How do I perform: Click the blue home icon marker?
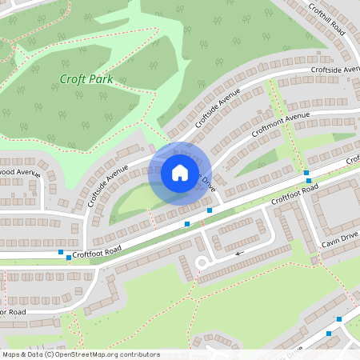pos(180,172)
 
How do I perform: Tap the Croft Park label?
pos(86,79)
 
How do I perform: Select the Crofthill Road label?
pos(326,18)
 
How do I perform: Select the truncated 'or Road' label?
pos(14,311)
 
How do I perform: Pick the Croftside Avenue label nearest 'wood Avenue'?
pos(108,186)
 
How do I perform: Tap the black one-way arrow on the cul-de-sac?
pos(239,253)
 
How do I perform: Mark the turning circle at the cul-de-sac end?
pos(202,262)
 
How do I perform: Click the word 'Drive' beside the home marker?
pos(208,183)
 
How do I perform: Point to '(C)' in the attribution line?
pos(49,354)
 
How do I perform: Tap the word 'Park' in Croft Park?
pos(101,79)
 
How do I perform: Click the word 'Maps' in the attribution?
pos(11,354)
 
